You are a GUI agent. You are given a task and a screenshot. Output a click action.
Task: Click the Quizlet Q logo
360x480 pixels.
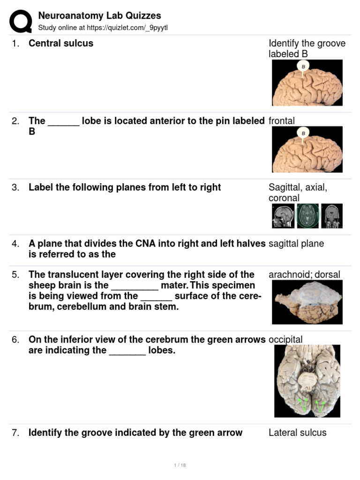point(20,22)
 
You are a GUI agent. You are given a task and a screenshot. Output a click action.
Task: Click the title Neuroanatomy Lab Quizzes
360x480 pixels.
point(99,16)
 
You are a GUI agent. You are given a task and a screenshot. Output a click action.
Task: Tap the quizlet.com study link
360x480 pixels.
point(103,28)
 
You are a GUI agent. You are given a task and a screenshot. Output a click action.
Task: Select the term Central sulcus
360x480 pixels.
point(61,43)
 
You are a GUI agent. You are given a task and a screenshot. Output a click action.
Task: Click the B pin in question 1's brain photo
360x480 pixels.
point(303,67)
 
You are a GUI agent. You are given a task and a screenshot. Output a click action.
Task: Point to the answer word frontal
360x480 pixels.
point(282,121)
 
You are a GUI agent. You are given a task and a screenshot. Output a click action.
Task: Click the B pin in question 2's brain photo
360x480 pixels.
point(303,133)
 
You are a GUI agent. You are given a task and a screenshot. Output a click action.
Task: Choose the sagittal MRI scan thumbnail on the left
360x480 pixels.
point(283,216)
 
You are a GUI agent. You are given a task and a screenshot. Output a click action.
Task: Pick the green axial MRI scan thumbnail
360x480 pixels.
point(307,216)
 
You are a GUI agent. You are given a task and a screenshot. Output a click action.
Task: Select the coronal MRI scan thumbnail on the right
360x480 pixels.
point(332,216)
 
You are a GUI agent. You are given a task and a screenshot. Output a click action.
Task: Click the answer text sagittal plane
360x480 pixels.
point(296,243)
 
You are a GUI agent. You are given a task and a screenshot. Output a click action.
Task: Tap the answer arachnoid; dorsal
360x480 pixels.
point(304,274)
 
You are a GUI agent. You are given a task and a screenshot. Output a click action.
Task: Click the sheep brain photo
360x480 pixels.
point(307,302)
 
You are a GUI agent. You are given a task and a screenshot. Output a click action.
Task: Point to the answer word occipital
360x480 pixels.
point(285,339)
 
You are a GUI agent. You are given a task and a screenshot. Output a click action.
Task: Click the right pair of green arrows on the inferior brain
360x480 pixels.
point(321,405)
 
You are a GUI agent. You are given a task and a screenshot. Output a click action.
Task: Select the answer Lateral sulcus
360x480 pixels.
point(297,433)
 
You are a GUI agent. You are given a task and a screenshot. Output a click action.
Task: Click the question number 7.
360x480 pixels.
point(16,433)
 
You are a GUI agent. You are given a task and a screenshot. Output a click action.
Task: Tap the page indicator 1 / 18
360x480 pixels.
point(180,465)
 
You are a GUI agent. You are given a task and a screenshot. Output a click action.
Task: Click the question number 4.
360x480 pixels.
point(16,243)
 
